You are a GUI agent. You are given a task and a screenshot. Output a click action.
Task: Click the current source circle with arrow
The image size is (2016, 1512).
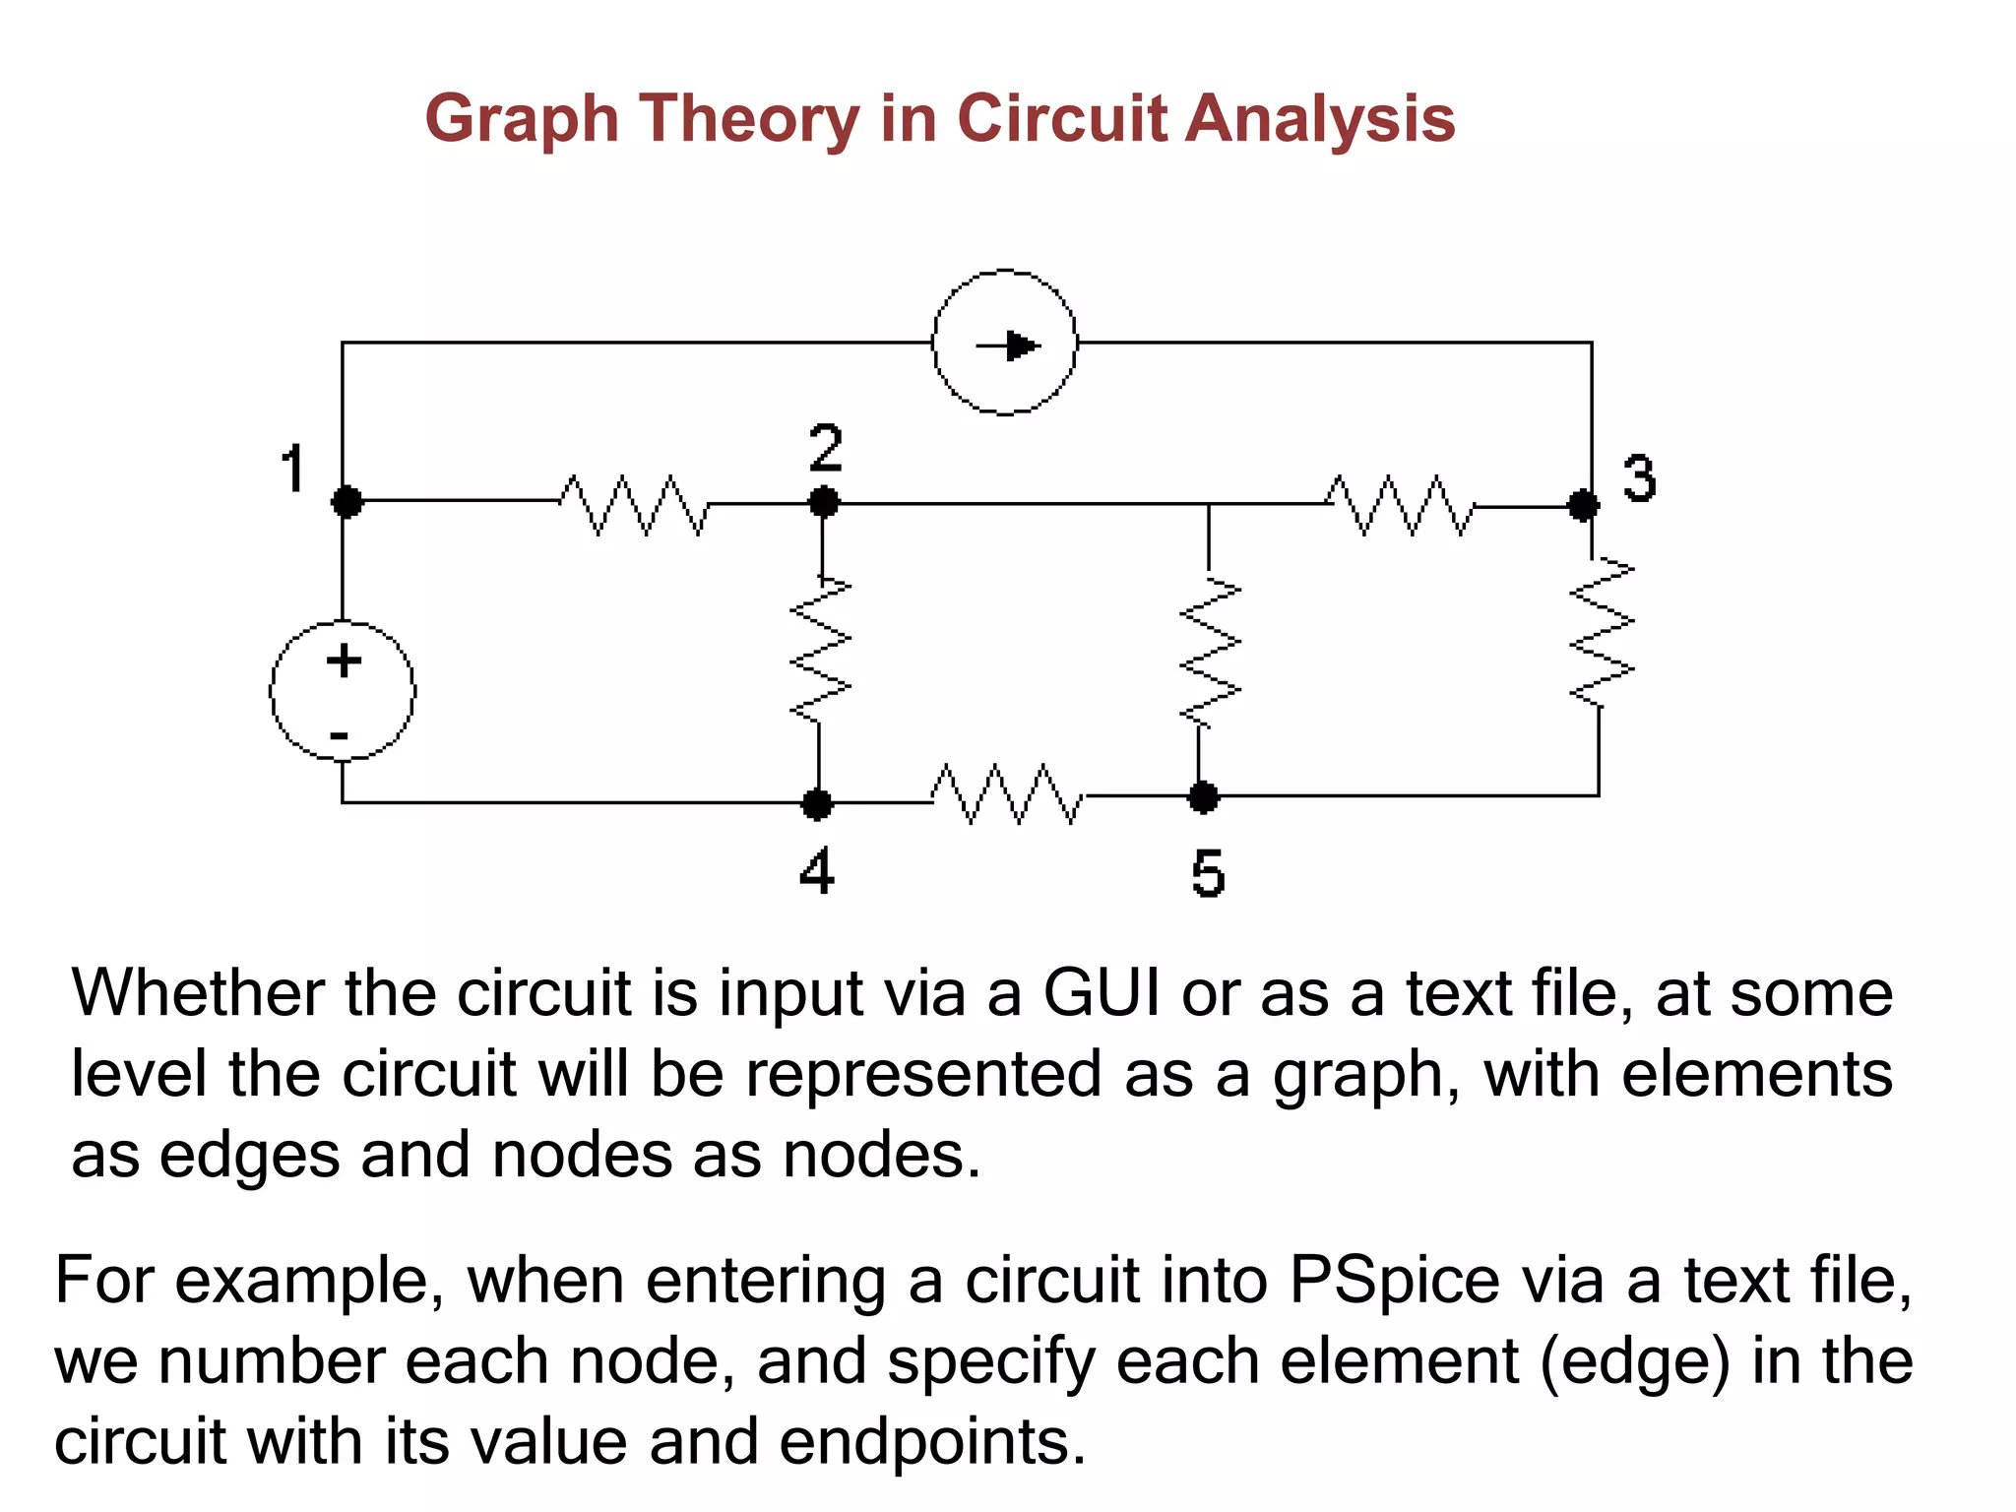pyautogui.click(x=1004, y=343)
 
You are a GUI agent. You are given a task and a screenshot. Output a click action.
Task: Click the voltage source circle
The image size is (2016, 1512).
pyautogui.click(x=342, y=691)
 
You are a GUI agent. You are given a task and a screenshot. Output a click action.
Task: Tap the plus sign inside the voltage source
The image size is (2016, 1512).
pyautogui.click(x=344, y=661)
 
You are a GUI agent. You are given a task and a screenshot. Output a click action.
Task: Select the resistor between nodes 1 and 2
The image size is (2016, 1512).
pyautogui.click(x=634, y=504)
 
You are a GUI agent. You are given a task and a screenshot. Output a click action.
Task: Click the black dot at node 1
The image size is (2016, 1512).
pyautogui.click(x=346, y=501)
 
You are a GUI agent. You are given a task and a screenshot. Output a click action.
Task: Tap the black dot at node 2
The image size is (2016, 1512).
pyautogui.click(x=824, y=502)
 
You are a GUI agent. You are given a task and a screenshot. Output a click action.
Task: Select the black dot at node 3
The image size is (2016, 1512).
pyautogui.click(x=1583, y=505)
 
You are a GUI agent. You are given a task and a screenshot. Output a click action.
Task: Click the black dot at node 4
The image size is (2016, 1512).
pyautogui.click(x=816, y=803)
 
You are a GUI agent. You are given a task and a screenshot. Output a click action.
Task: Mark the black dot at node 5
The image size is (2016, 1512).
pyautogui.click(x=1202, y=796)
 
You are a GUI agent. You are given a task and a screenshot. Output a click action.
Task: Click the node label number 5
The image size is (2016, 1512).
pyautogui.click(x=1208, y=874)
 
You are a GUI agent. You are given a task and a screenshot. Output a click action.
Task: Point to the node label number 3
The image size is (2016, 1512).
pyautogui.click(x=1639, y=479)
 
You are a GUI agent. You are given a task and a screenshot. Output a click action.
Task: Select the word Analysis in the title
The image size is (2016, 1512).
pyautogui.click(x=1319, y=120)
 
